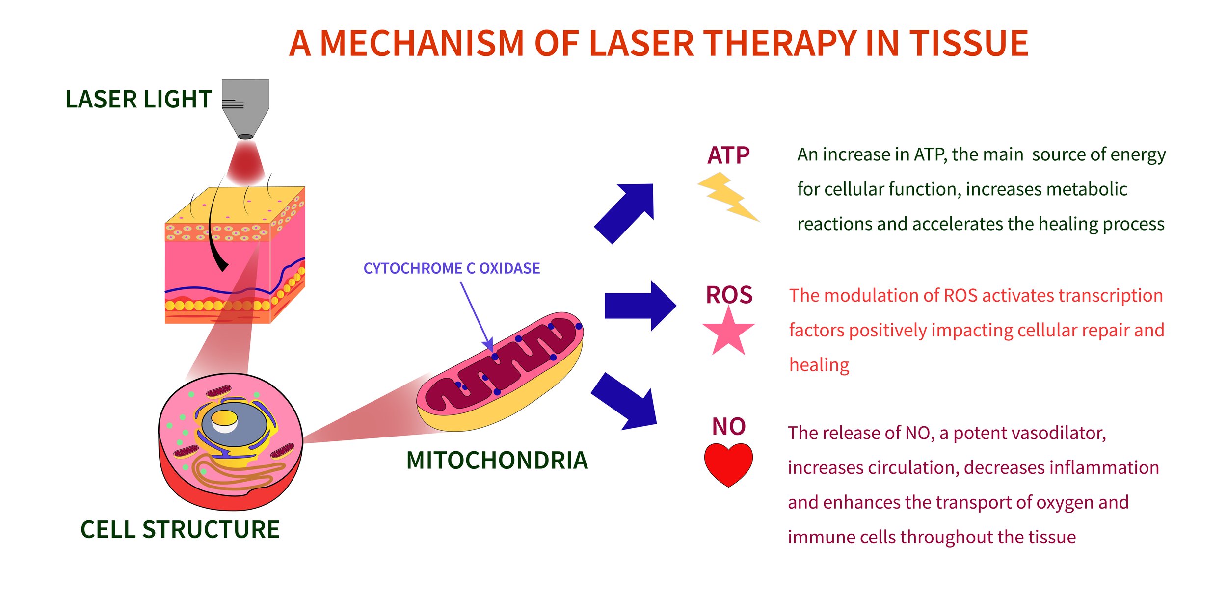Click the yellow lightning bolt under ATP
(x=727, y=196)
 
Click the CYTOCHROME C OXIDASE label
(x=452, y=268)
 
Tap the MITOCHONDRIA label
(x=497, y=460)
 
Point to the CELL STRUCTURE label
(x=180, y=530)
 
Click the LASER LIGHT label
(x=138, y=100)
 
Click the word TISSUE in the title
(x=969, y=44)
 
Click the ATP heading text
(x=728, y=155)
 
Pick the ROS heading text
(x=729, y=295)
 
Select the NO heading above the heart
(x=729, y=426)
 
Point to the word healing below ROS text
(x=819, y=365)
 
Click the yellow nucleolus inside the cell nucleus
(x=224, y=418)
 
